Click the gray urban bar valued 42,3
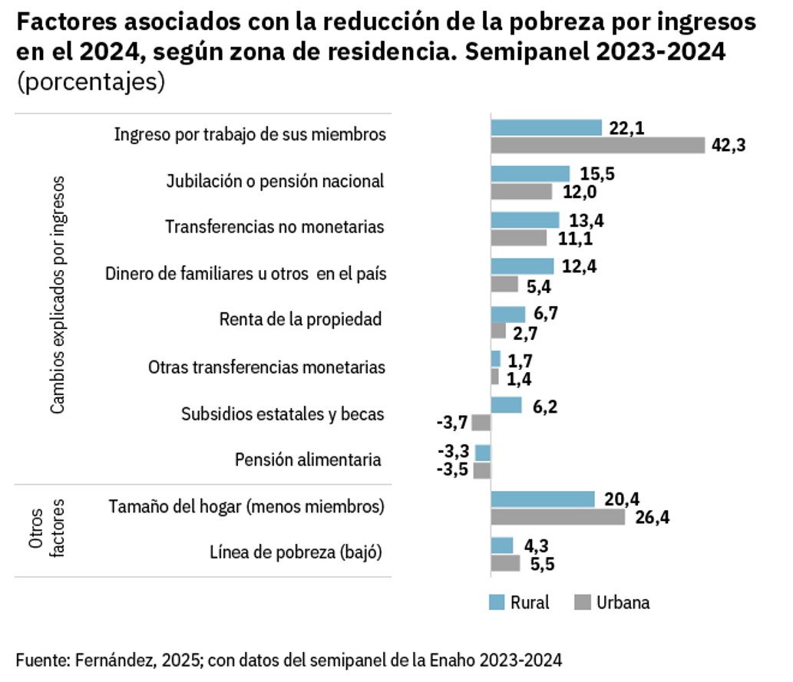[597, 145]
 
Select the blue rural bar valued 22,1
[546, 128]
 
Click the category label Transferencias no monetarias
[275, 227]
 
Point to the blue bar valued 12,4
[522, 266]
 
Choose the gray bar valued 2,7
[498, 331]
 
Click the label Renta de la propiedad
[300, 319]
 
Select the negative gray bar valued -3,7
[481, 423]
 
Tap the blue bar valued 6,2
[506, 405]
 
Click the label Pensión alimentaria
[308, 460]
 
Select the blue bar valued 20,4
[543, 499]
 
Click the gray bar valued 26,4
[558, 517]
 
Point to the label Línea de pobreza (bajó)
[296, 552]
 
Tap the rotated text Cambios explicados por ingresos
[58, 295]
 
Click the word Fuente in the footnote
[39, 659]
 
